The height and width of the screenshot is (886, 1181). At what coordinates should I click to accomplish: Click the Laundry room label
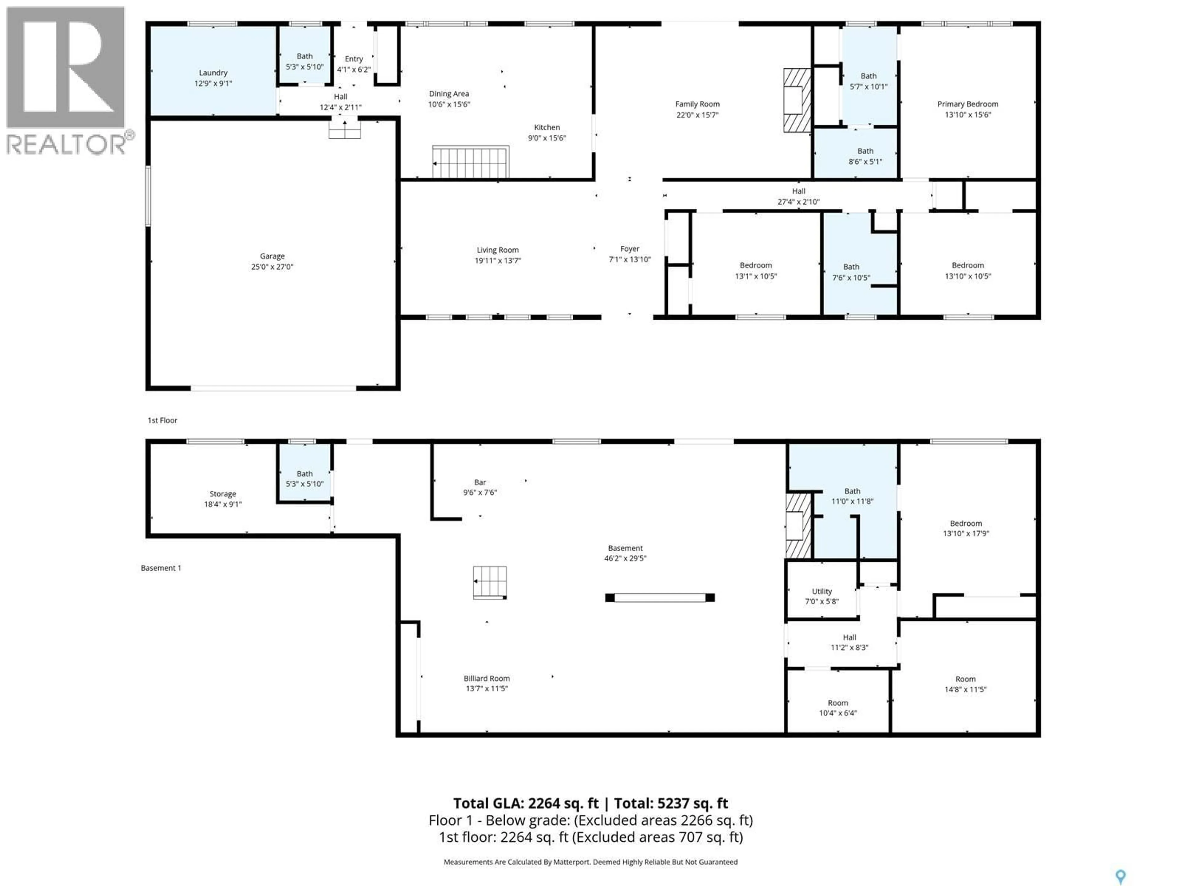[x=213, y=73]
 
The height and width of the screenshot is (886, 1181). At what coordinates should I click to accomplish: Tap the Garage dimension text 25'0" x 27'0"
[x=272, y=266]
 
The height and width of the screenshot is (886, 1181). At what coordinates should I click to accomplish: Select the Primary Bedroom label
[x=968, y=104]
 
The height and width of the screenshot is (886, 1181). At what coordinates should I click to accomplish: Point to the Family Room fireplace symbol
[x=797, y=100]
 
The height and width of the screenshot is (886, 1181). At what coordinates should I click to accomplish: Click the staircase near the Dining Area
[x=470, y=162]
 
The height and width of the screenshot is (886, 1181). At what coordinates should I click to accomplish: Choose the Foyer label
[x=630, y=249]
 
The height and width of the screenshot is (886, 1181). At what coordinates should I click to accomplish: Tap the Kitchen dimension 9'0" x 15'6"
[x=547, y=138]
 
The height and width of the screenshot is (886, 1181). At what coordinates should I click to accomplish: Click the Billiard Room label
[x=486, y=678]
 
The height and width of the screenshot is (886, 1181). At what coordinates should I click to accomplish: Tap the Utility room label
[x=822, y=591]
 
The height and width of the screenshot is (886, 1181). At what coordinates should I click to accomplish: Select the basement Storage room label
[x=223, y=494]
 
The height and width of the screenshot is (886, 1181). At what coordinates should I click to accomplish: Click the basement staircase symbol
[x=490, y=582]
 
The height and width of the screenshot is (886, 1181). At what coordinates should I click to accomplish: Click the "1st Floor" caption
[x=162, y=420]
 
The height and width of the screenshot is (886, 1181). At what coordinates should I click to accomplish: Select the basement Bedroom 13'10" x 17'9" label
[x=965, y=523]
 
